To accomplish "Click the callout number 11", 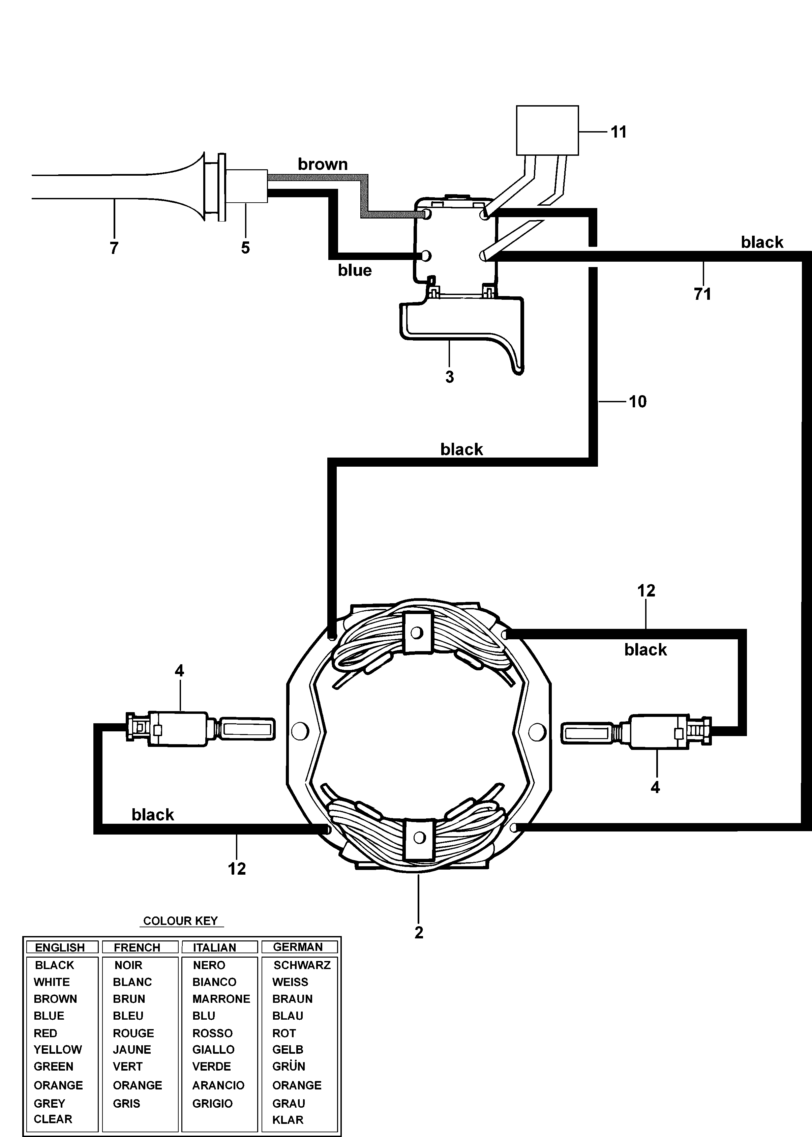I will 619,132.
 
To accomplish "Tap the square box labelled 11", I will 547,130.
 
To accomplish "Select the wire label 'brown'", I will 323,164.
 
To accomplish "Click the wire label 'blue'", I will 355,270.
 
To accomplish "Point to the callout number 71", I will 702,294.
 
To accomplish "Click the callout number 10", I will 637,401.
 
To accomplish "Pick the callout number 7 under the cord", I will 114,247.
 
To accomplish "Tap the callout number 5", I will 245,247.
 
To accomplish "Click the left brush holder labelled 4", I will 200,730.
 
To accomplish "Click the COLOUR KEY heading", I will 180,921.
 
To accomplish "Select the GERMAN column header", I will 298,947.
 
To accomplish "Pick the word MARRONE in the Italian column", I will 221,999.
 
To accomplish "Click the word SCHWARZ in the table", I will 302,965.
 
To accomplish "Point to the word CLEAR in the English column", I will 53,1119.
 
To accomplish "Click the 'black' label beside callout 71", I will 762,242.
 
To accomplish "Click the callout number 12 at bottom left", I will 237,869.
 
